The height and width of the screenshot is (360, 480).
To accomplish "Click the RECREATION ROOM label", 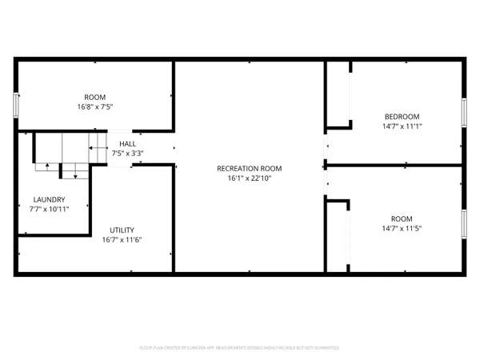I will pyautogui.click(x=249, y=168).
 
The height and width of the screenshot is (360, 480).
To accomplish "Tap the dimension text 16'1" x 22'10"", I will pyautogui.click(x=249, y=178).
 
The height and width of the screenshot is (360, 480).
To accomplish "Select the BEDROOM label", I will pyautogui.click(x=401, y=116).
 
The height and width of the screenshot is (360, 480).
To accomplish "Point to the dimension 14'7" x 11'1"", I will pyautogui.click(x=401, y=126).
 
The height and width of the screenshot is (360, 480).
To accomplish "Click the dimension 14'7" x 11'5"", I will pyautogui.click(x=401, y=228).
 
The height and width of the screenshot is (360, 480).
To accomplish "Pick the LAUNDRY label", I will pyautogui.click(x=49, y=199).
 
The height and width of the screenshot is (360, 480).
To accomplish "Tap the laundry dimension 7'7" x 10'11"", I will pyautogui.click(x=49, y=209).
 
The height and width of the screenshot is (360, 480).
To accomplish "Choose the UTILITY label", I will pyautogui.click(x=122, y=230).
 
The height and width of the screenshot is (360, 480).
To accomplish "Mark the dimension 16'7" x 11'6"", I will pyautogui.click(x=122, y=239).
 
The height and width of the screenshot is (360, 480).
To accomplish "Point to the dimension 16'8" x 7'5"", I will pyautogui.click(x=95, y=106).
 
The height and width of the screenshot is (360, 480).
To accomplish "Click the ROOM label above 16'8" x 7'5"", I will pyautogui.click(x=95, y=97).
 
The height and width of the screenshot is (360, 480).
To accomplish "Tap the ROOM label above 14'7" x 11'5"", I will pyautogui.click(x=401, y=218).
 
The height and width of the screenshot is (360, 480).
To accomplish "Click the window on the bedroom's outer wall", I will pyautogui.click(x=463, y=111).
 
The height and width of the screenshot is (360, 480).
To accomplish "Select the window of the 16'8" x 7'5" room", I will pyautogui.click(x=15, y=105).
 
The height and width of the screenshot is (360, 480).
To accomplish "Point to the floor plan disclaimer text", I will pyautogui.click(x=240, y=348).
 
